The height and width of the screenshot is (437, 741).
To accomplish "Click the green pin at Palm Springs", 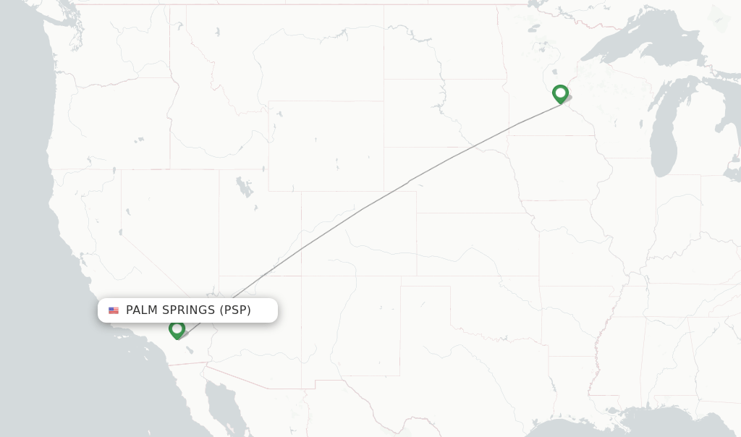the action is (x=177, y=329).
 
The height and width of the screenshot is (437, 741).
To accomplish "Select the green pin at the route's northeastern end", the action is (x=560, y=94).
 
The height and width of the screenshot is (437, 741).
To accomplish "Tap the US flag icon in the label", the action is (x=114, y=310).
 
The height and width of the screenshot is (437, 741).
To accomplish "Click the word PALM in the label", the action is (x=142, y=310).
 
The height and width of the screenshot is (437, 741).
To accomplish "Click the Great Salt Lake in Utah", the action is (x=245, y=187).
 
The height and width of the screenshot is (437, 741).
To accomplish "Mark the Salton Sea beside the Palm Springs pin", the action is (x=190, y=349).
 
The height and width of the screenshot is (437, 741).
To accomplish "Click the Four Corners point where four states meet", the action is (x=301, y=276).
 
